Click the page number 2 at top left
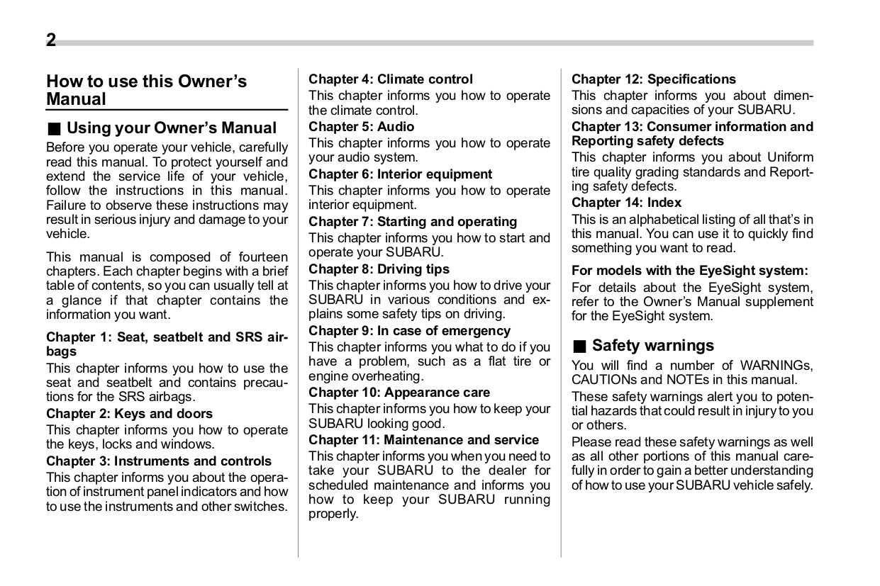pos(51,40)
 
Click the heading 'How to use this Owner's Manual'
pos(146,90)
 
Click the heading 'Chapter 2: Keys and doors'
pos(129,413)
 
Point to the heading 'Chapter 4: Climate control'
pos(390,79)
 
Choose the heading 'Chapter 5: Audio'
pos(361,127)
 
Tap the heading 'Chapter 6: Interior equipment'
pos(400,174)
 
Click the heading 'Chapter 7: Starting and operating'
pos(413,222)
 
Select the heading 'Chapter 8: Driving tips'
pos(379,269)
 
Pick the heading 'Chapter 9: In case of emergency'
pos(409,331)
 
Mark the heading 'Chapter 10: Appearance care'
pos(399,393)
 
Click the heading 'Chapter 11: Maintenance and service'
pos(423,440)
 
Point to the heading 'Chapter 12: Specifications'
pos(653,79)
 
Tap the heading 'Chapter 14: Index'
pos(626,203)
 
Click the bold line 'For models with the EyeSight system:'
pos(689,271)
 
